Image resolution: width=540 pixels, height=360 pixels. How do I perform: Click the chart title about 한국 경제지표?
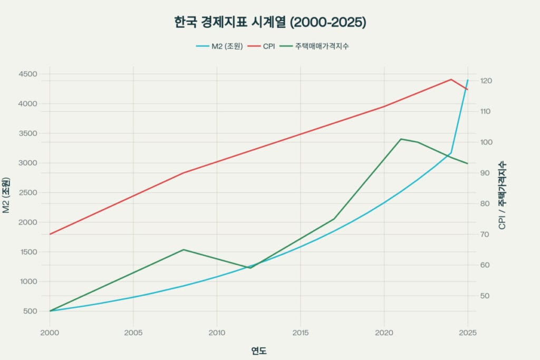pyautogui.click(x=270, y=23)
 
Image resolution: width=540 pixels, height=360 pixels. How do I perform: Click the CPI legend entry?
pyautogui.click(x=268, y=46)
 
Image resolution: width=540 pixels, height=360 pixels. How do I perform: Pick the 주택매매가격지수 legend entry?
pyautogui.click(x=321, y=46)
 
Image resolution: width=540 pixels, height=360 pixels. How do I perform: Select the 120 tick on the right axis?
pyautogui.click(x=486, y=81)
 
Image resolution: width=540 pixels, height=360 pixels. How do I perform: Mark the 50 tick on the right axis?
pyautogui.click(x=484, y=296)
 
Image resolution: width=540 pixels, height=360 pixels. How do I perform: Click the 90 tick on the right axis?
pyautogui.click(x=484, y=173)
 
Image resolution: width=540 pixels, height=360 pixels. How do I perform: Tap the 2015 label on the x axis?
pyautogui.click(x=300, y=333)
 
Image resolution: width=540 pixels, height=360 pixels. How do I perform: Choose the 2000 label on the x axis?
pyautogui.click(x=50, y=333)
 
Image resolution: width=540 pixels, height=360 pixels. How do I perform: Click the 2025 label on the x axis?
pyautogui.click(x=467, y=333)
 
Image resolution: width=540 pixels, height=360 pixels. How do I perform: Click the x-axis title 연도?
pyautogui.click(x=259, y=351)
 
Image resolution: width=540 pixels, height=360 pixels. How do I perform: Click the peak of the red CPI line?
pyautogui.click(x=451, y=80)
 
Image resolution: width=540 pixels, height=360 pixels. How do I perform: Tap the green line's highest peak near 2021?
pyautogui.click(x=401, y=139)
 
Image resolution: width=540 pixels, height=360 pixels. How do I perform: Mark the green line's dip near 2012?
pyautogui.click(x=250, y=268)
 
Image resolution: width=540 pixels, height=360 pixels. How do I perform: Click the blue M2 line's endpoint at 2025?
pyautogui.click(x=467, y=80)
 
